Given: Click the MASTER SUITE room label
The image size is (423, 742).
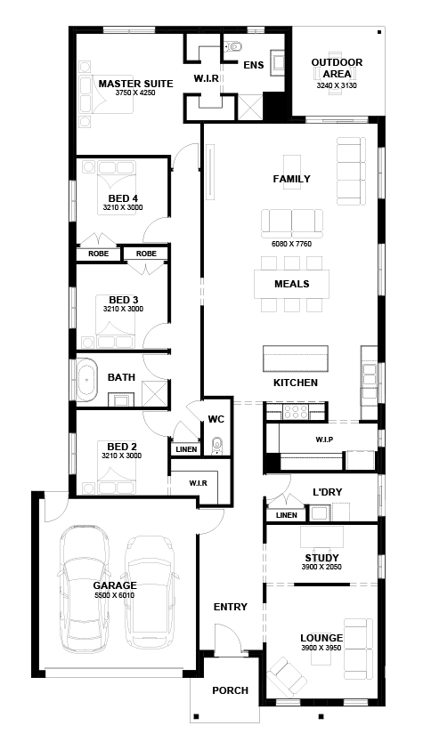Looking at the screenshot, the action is point(135,84).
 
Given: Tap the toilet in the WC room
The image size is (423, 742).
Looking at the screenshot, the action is point(217,446).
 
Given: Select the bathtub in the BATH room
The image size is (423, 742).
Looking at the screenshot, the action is point(87,380).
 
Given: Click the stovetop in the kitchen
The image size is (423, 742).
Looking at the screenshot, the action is point(296,412).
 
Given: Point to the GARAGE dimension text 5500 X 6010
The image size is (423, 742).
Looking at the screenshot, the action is point(115,595).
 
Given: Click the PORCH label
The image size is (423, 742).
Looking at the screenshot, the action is point(231,690).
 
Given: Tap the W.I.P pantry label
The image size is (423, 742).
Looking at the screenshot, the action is point(324,440).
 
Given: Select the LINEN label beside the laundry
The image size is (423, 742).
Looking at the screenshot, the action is point(286,515).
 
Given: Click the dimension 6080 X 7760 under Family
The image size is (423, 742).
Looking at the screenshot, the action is point(292,244).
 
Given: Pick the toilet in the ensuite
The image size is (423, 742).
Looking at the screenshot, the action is point(232,47).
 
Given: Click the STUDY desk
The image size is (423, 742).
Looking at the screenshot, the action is point(321,537).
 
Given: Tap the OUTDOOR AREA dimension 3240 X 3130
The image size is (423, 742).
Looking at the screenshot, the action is point(337,85).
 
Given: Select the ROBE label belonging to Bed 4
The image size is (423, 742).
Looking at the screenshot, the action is point(99,254).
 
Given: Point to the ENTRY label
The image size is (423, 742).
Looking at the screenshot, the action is point(231,607).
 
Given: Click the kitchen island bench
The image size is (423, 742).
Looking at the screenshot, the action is point(296,359).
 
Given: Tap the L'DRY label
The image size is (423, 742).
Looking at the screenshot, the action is point(328,492).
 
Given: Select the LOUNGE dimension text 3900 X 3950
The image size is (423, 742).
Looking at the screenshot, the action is point(321,648).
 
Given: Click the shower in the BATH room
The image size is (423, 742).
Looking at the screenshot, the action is point(155,392).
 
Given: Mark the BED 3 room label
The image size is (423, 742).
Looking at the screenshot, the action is point(123,300).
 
